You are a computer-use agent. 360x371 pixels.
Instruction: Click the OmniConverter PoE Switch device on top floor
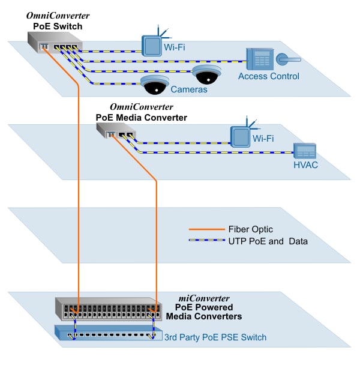[54, 43]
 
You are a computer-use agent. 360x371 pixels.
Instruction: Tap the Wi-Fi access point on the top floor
[153, 44]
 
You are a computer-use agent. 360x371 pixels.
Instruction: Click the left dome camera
[154, 85]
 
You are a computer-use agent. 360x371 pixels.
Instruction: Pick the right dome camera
[206, 75]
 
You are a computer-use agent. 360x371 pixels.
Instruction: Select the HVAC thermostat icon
[305, 151]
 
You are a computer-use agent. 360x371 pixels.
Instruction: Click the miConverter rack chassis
[108, 309]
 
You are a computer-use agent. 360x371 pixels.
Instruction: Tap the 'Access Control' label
[268, 76]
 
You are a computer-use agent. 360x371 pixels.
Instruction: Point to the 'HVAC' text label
[306, 165]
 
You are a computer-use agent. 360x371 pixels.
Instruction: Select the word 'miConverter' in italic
[204, 298]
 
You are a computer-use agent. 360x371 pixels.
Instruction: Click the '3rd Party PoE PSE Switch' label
[215, 337]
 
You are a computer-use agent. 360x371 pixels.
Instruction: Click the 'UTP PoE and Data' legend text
[268, 241]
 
